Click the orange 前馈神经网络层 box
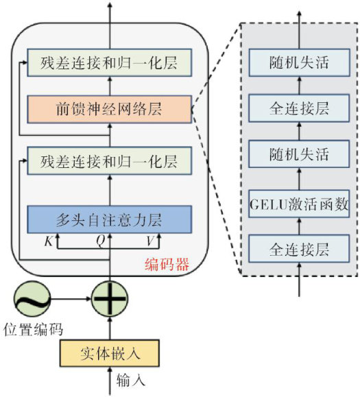point(109,110)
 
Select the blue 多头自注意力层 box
point(109,219)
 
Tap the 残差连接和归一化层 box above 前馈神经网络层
point(109,62)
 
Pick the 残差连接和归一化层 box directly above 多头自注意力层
point(109,160)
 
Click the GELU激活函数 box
point(299,204)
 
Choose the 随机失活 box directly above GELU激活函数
point(299,154)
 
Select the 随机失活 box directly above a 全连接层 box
point(299,62)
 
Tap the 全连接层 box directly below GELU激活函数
point(299,249)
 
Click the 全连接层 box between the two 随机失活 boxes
point(299,108)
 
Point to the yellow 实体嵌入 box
point(109,353)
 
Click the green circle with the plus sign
point(110,299)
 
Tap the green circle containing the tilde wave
point(32,299)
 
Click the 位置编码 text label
point(33,330)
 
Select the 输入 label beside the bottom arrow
point(131,381)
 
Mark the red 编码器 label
point(167,265)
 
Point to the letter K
point(49,241)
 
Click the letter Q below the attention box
point(101,241)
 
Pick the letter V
point(150,241)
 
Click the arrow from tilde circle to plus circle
point(71,299)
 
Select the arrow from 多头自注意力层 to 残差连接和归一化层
point(110,190)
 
